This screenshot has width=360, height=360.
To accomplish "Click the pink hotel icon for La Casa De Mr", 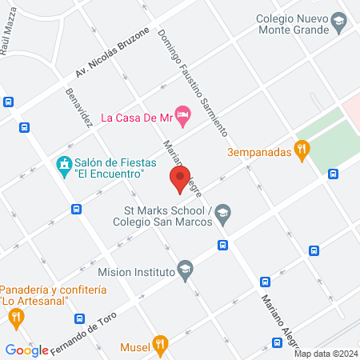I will click(x=183, y=117).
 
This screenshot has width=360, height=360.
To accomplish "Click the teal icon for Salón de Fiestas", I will click(x=62, y=166).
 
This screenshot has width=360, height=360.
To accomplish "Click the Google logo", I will click(x=26, y=350).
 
